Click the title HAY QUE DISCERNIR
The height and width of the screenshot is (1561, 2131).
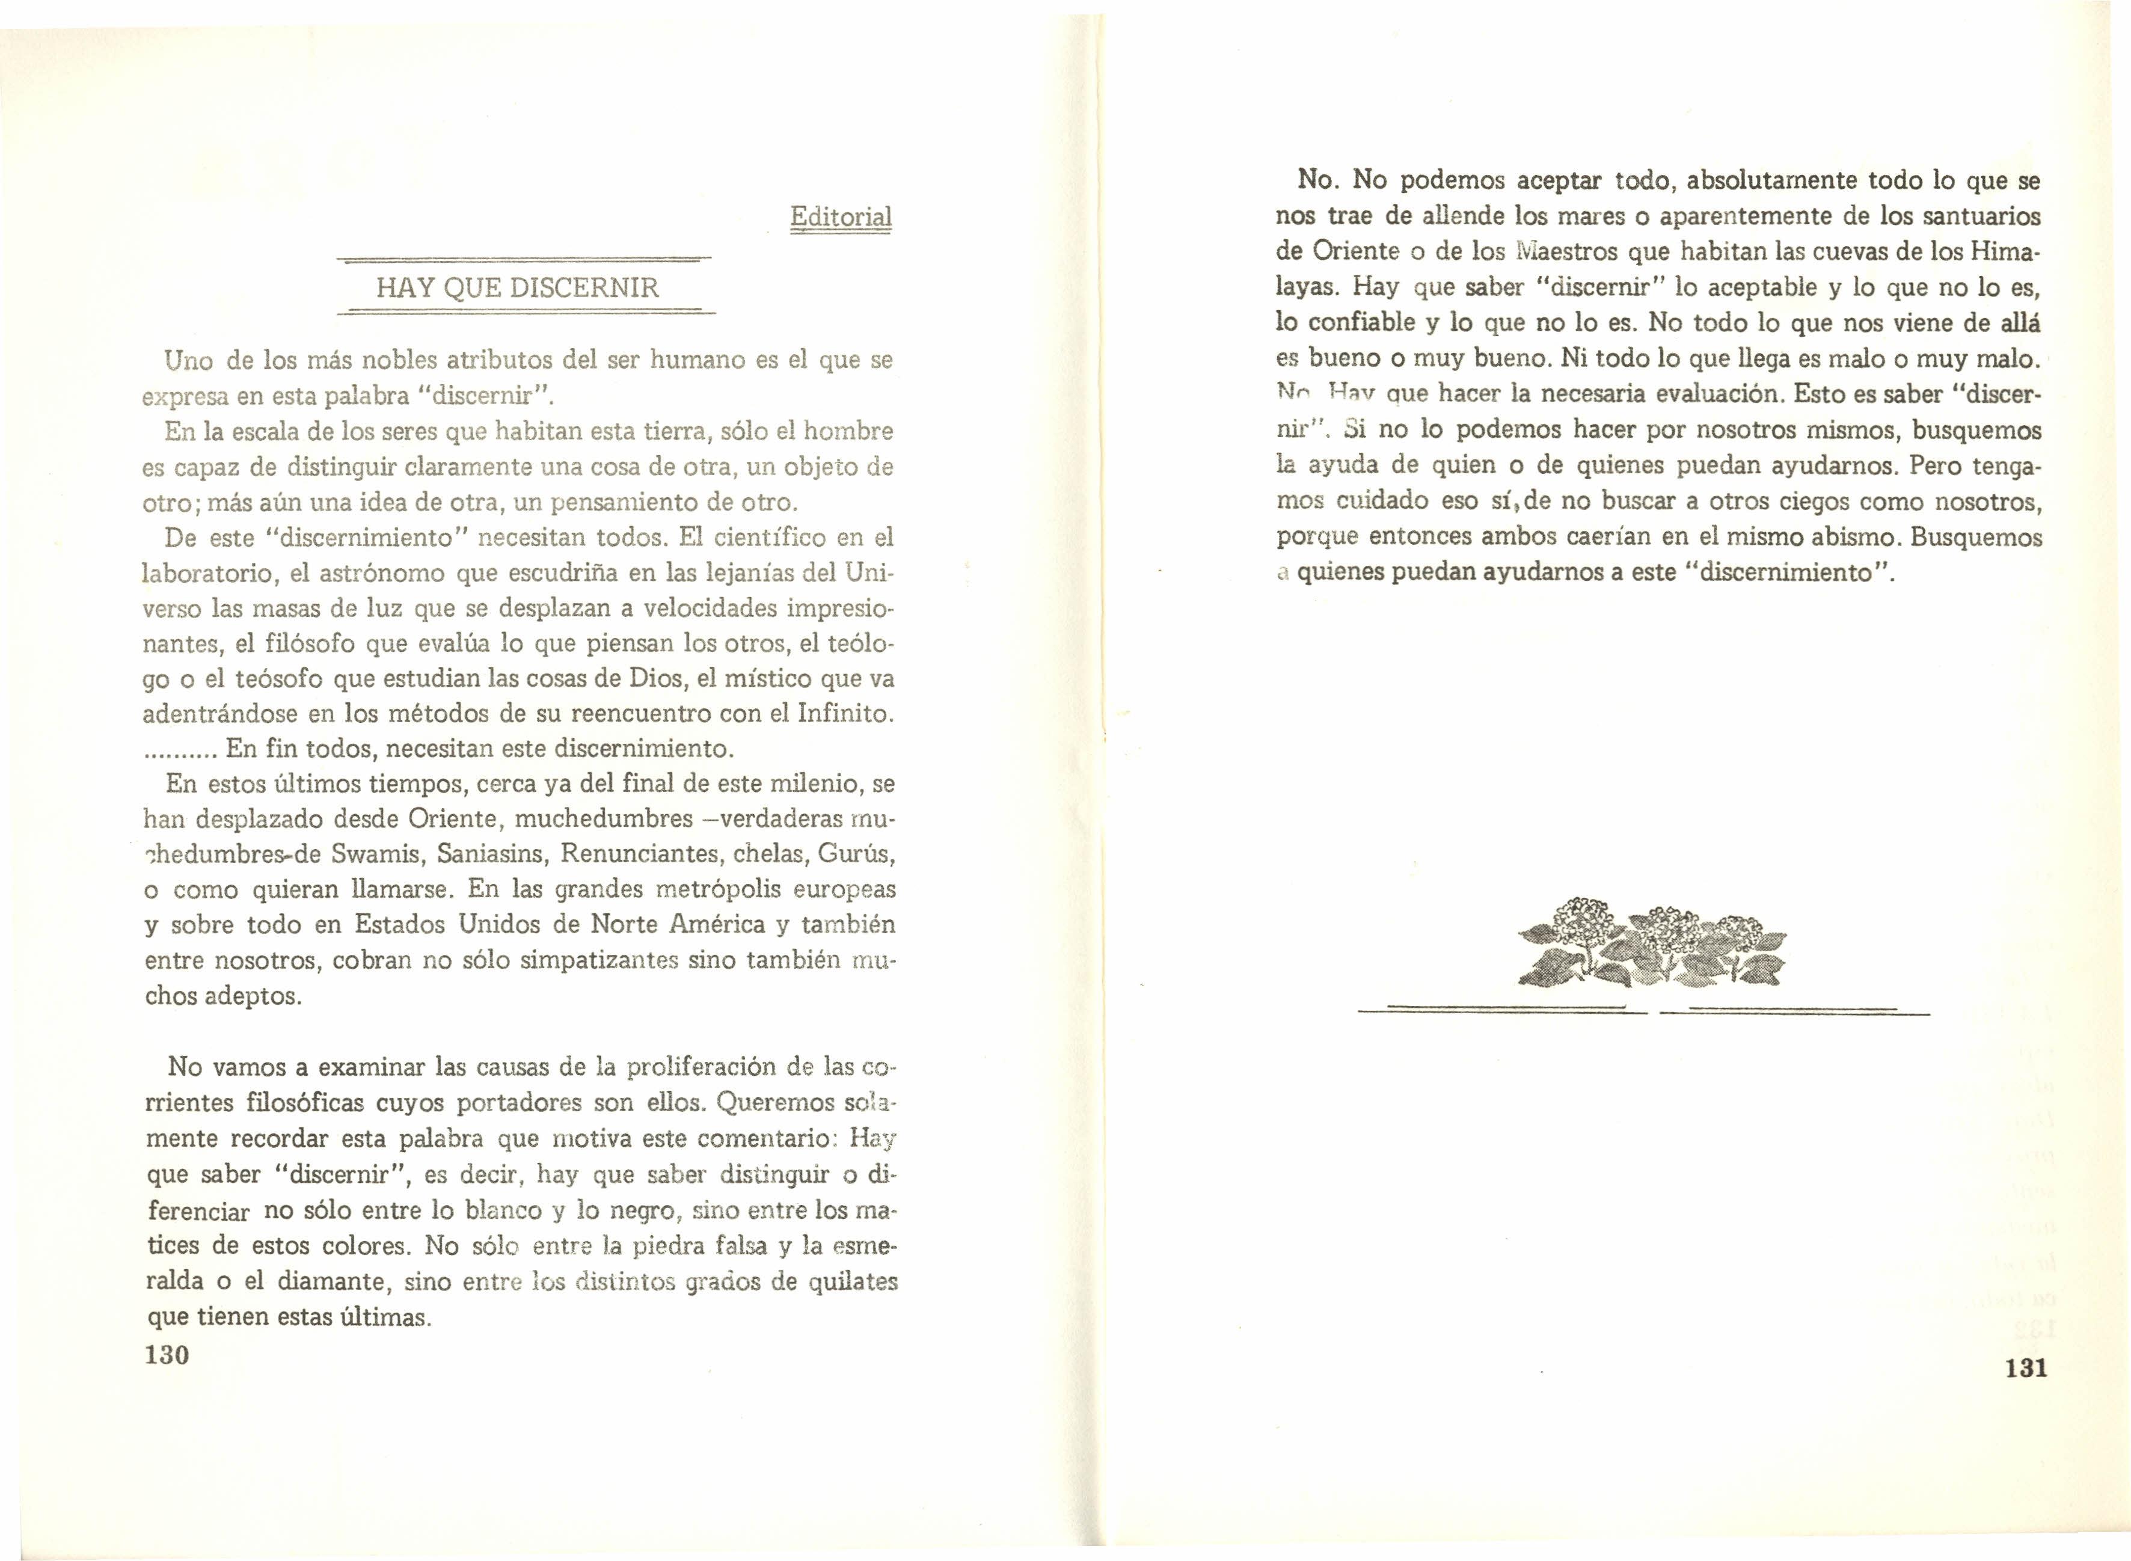point(517,287)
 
